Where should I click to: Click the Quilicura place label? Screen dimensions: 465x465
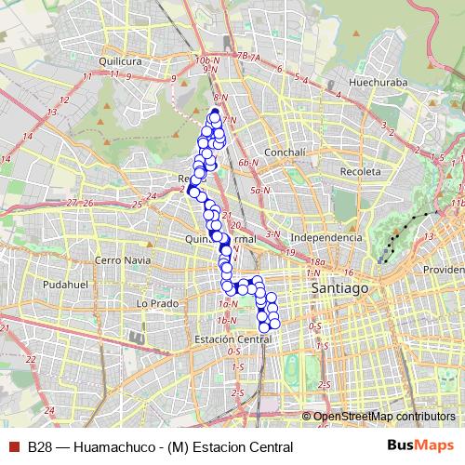coord(118,61)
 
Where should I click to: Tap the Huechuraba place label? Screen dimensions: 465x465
coord(372,92)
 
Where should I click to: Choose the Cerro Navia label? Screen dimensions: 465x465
coord(122,260)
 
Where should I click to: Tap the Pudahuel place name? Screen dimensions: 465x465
coord(66,284)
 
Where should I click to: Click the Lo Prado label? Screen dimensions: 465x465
coord(156,303)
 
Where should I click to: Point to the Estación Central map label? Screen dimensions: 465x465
coord(232,340)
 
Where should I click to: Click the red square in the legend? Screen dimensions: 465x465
coord(14,446)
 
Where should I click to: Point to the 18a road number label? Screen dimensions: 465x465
coord(317,263)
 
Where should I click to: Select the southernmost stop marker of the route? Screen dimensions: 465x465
coord(264,326)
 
